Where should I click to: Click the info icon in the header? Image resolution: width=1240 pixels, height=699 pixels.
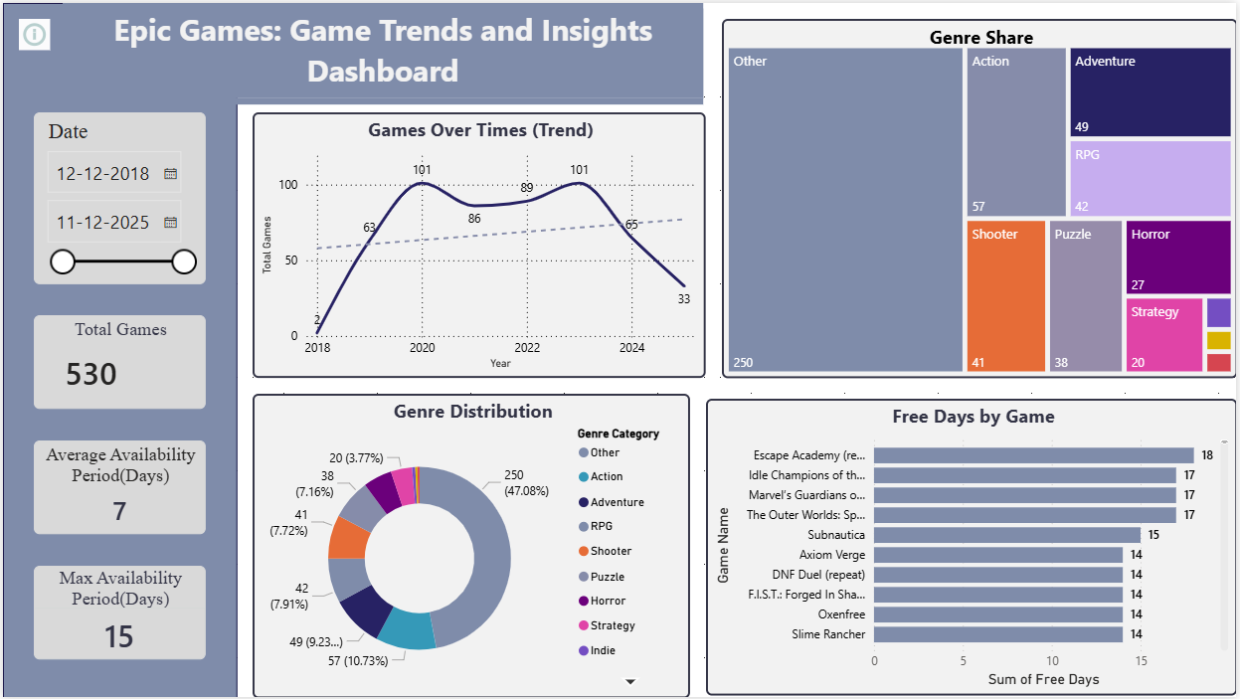tap(35, 35)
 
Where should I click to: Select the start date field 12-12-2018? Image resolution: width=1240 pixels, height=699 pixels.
tap(103, 173)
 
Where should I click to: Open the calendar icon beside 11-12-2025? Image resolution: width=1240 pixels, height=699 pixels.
tap(170, 222)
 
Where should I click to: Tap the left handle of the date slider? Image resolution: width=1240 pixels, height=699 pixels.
tap(63, 262)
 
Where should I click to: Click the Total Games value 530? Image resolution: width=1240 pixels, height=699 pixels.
tap(91, 375)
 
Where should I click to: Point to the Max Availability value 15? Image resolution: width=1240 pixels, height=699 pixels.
tap(119, 636)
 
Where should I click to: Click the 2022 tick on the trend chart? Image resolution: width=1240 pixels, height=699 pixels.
tap(527, 348)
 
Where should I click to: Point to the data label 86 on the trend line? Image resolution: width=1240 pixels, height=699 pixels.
tap(474, 218)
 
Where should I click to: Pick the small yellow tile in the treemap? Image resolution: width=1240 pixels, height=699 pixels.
tap(1218, 340)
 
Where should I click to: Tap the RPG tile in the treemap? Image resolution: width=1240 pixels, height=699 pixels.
tap(1150, 178)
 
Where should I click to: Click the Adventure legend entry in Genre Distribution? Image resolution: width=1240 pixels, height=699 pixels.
tap(617, 502)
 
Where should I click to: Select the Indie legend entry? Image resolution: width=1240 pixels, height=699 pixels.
tap(602, 650)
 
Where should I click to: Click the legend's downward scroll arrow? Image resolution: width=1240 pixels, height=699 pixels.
tap(629, 681)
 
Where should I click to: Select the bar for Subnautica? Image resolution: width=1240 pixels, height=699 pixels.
tap(1006, 535)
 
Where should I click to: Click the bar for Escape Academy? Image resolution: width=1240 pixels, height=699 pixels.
tap(1033, 455)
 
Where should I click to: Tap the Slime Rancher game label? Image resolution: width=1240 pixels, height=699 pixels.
tap(828, 634)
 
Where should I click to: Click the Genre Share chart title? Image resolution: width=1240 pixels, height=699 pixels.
tap(980, 38)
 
